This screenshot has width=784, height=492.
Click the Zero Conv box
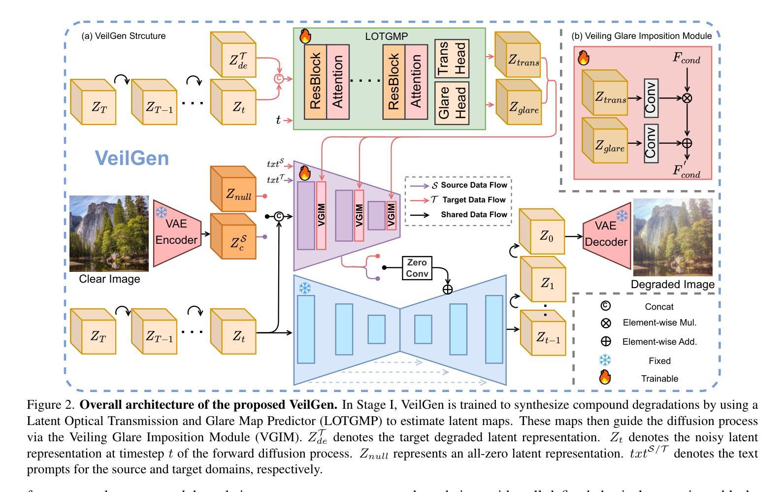click(417, 268)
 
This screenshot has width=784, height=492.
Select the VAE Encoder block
click(177, 232)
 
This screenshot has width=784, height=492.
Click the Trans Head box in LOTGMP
click(452, 58)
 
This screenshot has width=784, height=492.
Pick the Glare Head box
click(452, 103)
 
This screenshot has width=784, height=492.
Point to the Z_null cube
click(233, 190)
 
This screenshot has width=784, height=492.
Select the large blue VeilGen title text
click(131, 158)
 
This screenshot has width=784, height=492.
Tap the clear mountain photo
click(109, 233)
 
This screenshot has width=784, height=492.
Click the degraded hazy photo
click(672, 237)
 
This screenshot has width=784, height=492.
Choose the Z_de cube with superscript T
click(233, 55)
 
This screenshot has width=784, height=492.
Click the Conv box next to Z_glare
click(651, 144)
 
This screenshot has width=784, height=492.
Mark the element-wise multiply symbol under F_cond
click(687, 98)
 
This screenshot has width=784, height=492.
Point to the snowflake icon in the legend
click(605, 361)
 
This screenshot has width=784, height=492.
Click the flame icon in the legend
click(605, 378)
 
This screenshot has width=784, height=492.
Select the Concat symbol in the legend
click(605, 306)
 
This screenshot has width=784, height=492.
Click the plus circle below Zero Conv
click(447, 290)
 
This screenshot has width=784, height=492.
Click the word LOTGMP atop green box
click(386, 36)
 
